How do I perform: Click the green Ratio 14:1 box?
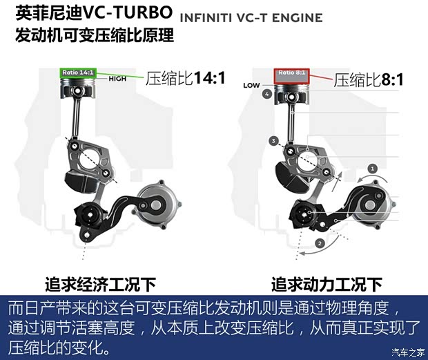tap(78, 73)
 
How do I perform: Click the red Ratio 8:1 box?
tap(291, 76)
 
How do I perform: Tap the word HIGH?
tap(117, 79)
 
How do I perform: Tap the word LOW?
tap(251, 86)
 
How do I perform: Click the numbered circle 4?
tap(266, 94)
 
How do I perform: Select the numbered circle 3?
tap(273, 141)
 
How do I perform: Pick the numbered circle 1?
tap(373, 169)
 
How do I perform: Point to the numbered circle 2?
tap(320, 243)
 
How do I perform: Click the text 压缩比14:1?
tap(185, 78)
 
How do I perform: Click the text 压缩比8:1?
tap(368, 80)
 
